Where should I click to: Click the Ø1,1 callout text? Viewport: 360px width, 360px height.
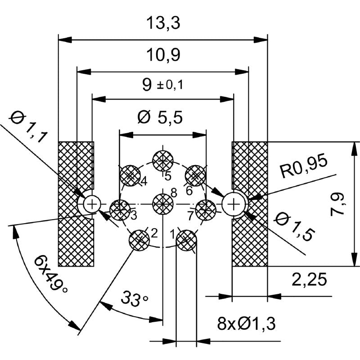pos(28,128)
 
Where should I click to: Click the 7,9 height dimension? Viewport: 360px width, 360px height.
pos(339,204)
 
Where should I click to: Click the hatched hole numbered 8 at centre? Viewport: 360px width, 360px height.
pos(162,204)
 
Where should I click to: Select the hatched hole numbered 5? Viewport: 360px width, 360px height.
pos(162,160)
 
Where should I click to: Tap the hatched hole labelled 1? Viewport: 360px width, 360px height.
pos(186,241)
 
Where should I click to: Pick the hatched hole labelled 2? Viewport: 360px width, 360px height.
pos(139,239)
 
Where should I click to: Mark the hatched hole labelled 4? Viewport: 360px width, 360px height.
pos(130,175)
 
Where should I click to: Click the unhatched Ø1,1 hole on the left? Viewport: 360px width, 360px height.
pos(92,204)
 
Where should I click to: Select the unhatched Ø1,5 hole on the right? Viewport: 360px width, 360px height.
pos(234,204)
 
